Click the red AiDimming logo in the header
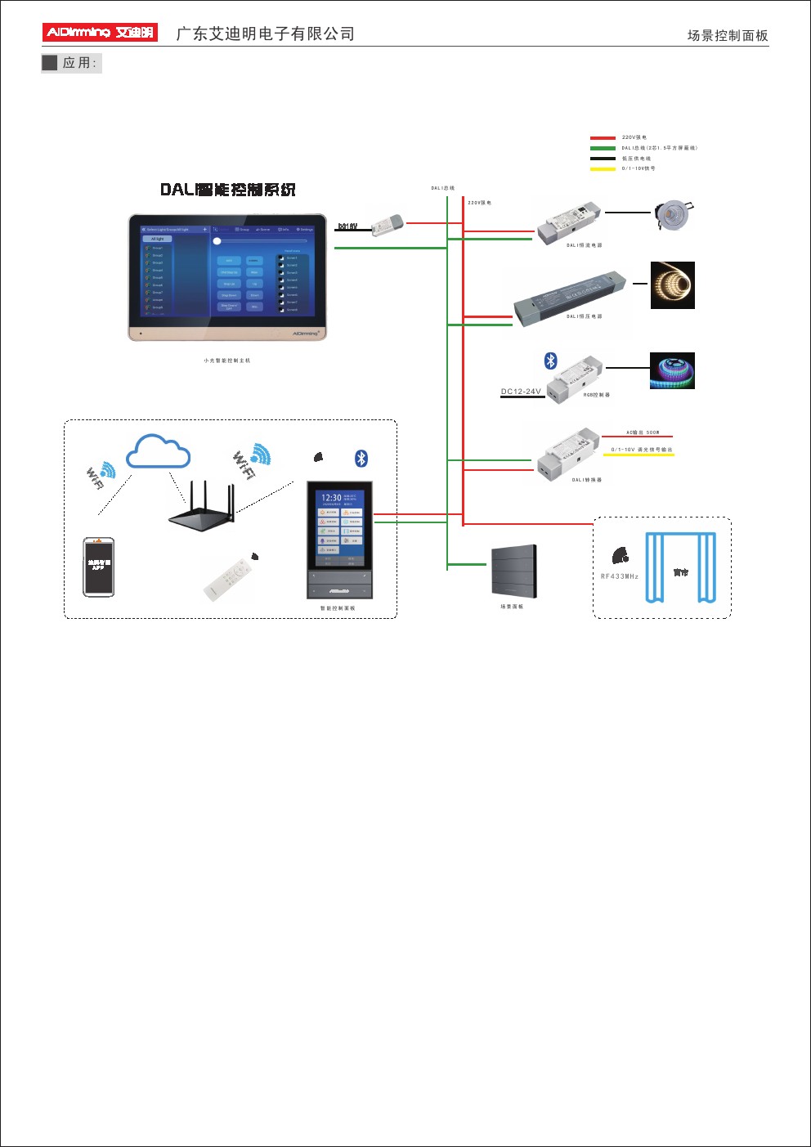pos(99,33)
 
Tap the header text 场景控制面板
pos(727,35)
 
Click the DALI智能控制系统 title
pos(227,190)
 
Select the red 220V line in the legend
pos(603,138)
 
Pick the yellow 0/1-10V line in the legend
pos(603,169)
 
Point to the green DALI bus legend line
pos(603,148)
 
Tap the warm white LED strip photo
pos(672,285)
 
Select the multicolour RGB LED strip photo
pos(672,370)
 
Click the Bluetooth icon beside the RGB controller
pos(551,361)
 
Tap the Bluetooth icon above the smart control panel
pos(361,459)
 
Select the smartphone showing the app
pos(98,567)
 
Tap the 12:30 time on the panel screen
pos(331,497)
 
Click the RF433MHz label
pos(619,576)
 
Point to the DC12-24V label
pos(521,392)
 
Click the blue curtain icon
pos(680,567)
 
